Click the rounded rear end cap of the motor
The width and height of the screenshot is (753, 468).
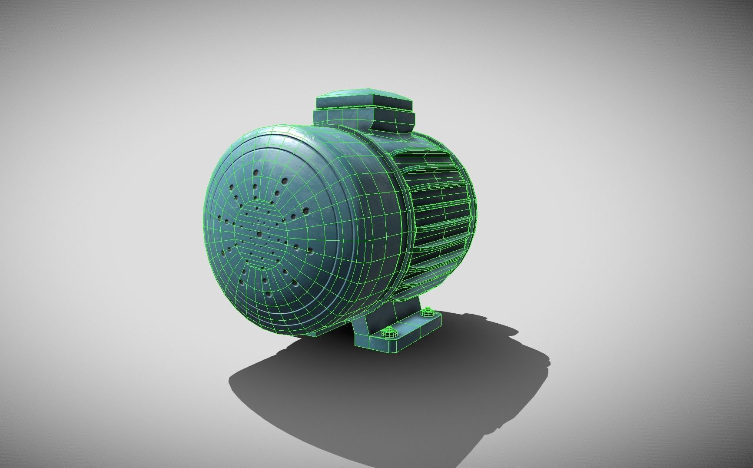coord(465,174)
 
